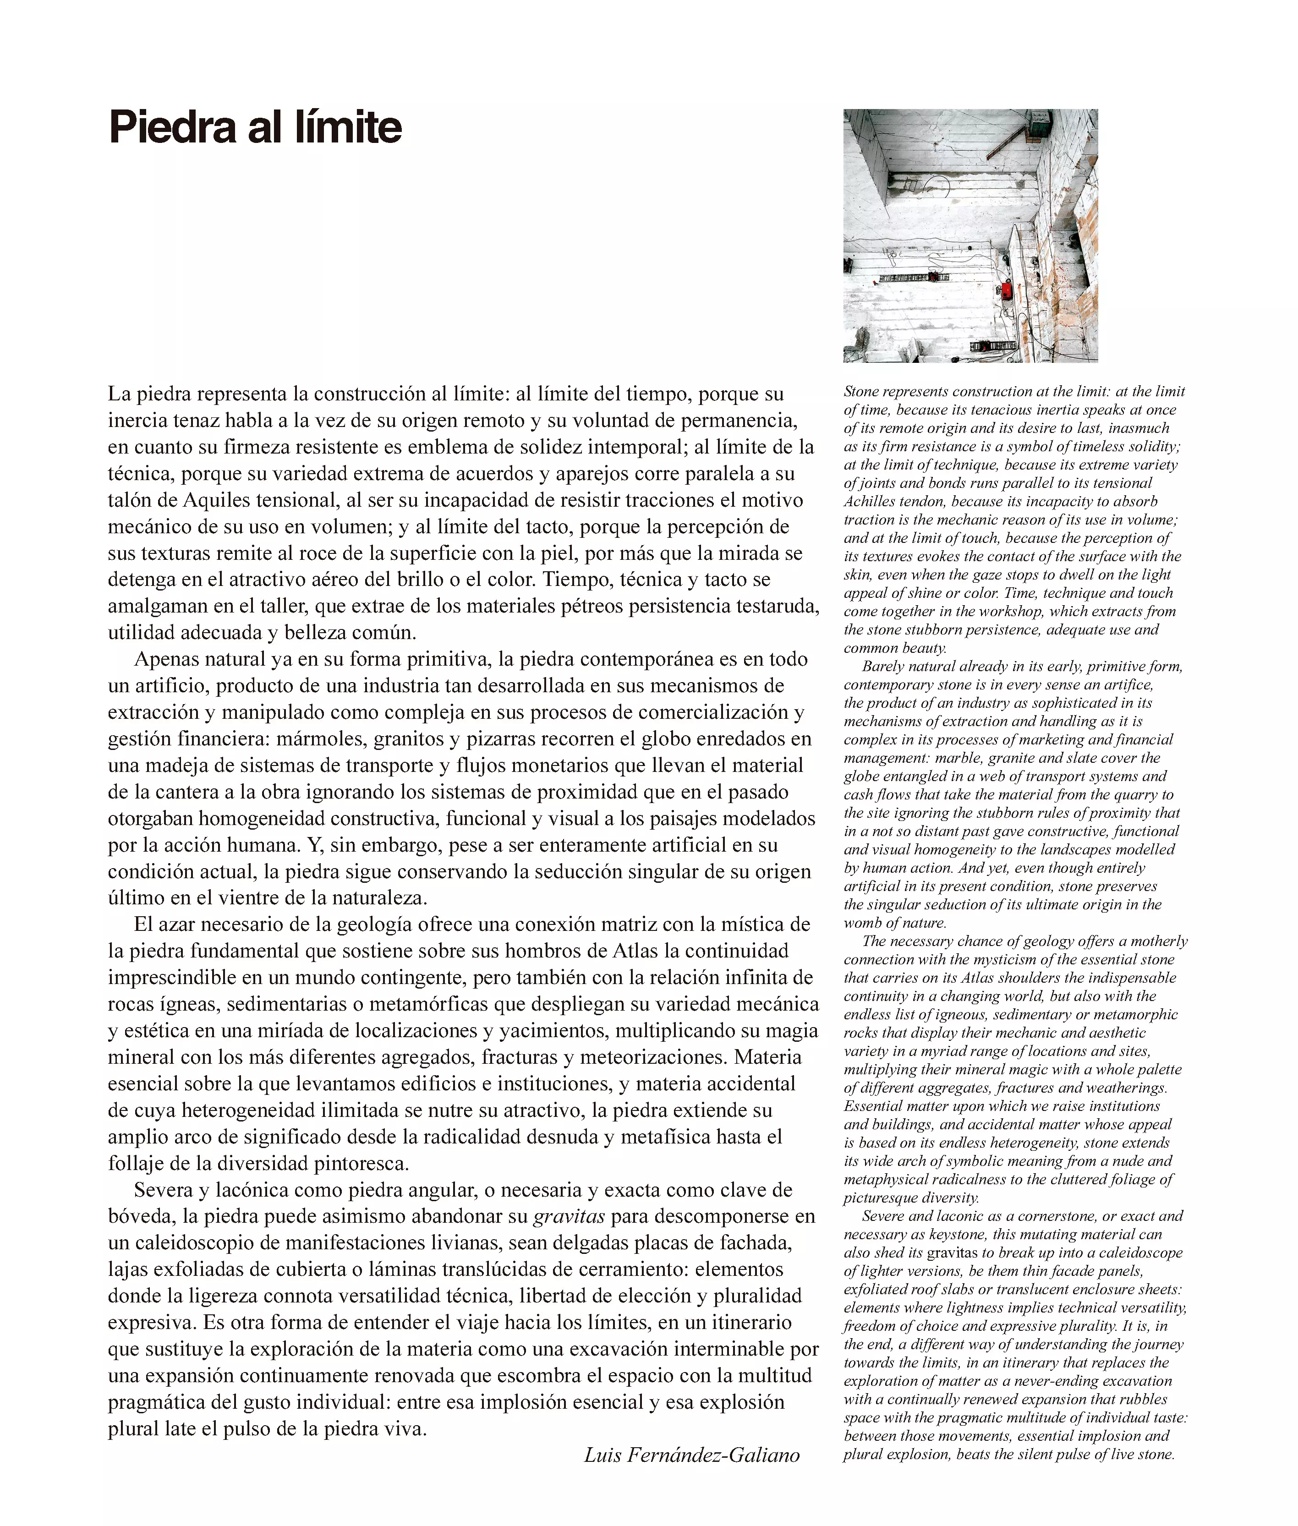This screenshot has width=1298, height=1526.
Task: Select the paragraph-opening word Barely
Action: tap(883, 667)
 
